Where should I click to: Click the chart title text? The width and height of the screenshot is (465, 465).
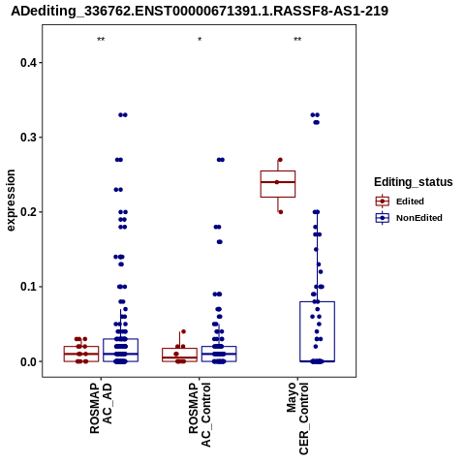click(x=200, y=11)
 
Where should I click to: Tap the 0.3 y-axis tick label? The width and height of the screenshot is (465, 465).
click(x=28, y=138)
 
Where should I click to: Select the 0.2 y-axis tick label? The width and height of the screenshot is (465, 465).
click(x=28, y=212)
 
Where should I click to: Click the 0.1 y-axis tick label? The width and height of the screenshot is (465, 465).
click(x=28, y=287)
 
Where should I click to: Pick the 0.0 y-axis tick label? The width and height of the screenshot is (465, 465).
click(x=28, y=361)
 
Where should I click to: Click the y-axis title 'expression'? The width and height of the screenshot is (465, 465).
click(x=11, y=201)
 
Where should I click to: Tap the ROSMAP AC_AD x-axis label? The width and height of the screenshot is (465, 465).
click(x=101, y=409)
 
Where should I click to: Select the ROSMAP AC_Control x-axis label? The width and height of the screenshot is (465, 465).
click(x=200, y=415)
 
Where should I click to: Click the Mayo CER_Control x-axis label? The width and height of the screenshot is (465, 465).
click(x=297, y=418)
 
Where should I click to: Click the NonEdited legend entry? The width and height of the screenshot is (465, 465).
click(x=409, y=218)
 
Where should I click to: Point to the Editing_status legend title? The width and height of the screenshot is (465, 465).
click(x=414, y=182)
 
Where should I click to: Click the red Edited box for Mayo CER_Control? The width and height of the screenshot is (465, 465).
click(x=278, y=184)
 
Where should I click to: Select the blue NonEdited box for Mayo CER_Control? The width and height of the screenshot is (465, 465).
click(x=317, y=331)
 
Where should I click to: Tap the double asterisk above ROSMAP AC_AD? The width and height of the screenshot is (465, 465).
click(x=101, y=40)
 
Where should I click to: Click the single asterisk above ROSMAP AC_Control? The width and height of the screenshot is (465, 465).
click(x=200, y=40)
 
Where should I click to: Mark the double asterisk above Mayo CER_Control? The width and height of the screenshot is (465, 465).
click(x=297, y=40)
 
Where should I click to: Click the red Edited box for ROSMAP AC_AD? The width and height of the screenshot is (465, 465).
click(x=81, y=354)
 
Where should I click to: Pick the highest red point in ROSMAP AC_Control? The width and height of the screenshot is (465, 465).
click(x=183, y=331)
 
